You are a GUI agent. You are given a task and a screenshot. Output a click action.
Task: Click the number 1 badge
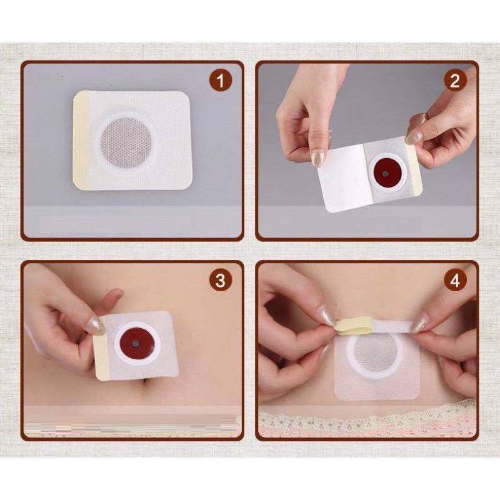click(221, 81)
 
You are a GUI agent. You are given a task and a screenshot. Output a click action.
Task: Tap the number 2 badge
click(455, 81)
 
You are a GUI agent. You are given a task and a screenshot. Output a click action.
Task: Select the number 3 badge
click(221, 280)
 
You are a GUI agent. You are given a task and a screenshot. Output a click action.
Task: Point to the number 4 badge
click(455, 280)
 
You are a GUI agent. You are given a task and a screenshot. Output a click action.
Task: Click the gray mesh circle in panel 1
click(126, 142)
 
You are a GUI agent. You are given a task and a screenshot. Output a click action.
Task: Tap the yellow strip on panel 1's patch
click(81, 140)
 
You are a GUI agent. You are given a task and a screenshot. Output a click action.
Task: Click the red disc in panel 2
click(386, 172)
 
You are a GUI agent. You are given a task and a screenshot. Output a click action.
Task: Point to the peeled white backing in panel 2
click(342, 178)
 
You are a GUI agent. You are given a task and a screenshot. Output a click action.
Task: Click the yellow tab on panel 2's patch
click(415, 168)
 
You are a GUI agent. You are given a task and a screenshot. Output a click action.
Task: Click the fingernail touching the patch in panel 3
click(95, 326)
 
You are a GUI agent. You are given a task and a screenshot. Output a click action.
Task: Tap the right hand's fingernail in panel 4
click(419, 324)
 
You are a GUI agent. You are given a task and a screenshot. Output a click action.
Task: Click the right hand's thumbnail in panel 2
click(414, 137)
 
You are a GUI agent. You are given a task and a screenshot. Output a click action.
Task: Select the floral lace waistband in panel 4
click(367, 421)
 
